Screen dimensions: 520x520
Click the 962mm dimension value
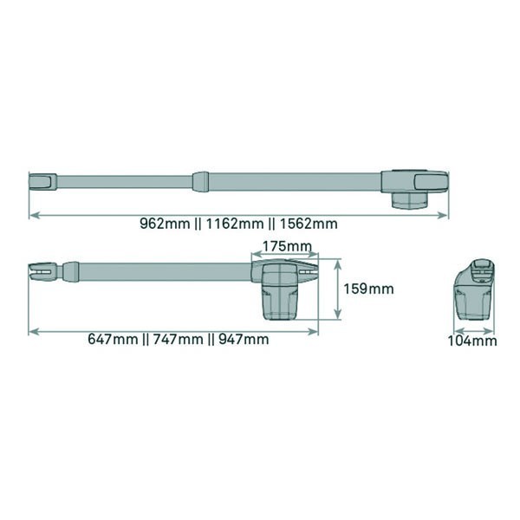(165, 224)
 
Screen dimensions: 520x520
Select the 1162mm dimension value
(235, 224)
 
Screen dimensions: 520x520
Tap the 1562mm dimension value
(309, 224)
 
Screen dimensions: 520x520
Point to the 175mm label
(287, 246)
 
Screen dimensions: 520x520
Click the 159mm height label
(368, 289)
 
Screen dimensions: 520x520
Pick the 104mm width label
(472, 341)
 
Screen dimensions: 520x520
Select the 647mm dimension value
(113, 339)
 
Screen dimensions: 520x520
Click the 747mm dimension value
(178, 339)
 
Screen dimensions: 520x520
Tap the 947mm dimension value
(244, 339)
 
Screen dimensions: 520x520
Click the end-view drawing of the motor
(473, 289)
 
